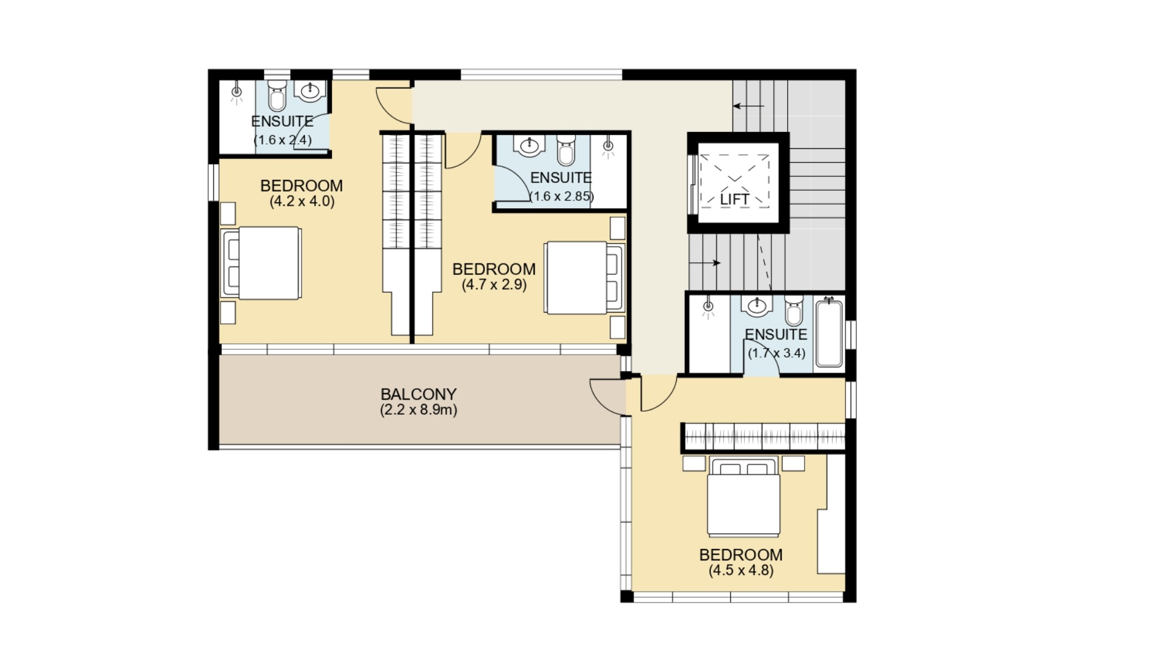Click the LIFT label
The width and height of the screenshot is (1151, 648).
pyautogui.click(x=734, y=199)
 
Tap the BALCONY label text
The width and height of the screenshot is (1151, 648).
pyautogui.click(x=418, y=394)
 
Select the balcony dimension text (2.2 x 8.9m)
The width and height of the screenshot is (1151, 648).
pyautogui.click(x=418, y=410)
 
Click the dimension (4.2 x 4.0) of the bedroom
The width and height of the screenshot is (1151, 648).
pyautogui.click(x=302, y=201)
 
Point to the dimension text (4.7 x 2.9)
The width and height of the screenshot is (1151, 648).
pyautogui.click(x=494, y=284)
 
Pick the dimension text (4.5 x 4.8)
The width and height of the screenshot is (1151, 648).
pyautogui.click(x=741, y=570)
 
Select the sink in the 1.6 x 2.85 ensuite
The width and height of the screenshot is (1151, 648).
pyautogui.click(x=529, y=146)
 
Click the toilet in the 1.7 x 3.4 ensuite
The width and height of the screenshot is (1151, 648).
pyautogui.click(x=794, y=311)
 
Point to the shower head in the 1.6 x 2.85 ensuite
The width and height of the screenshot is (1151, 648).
pyautogui.click(x=609, y=146)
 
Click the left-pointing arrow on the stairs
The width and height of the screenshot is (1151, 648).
pyautogui.click(x=749, y=106)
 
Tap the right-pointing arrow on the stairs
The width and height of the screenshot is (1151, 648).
pyautogui.click(x=704, y=263)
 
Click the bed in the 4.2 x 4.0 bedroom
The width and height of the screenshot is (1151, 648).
pyautogui.click(x=261, y=263)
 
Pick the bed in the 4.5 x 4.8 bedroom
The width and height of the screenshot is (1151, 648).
pyautogui.click(x=744, y=497)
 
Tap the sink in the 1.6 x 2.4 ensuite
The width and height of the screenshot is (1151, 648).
pyautogui.click(x=310, y=91)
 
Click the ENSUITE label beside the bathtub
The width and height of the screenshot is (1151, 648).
pyautogui.click(x=776, y=334)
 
